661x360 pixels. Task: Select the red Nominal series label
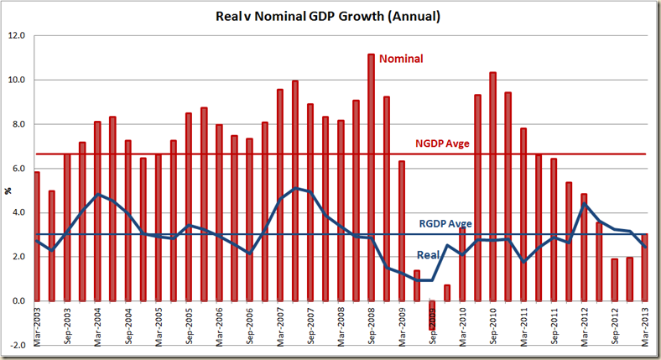(x=401, y=59)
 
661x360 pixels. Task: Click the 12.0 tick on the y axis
(x=16, y=36)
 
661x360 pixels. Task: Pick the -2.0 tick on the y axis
(x=16, y=345)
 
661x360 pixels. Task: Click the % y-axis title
(x=8, y=190)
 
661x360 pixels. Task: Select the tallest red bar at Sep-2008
(x=371, y=177)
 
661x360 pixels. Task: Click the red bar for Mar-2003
(x=36, y=236)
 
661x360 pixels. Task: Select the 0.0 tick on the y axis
(x=18, y=301)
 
